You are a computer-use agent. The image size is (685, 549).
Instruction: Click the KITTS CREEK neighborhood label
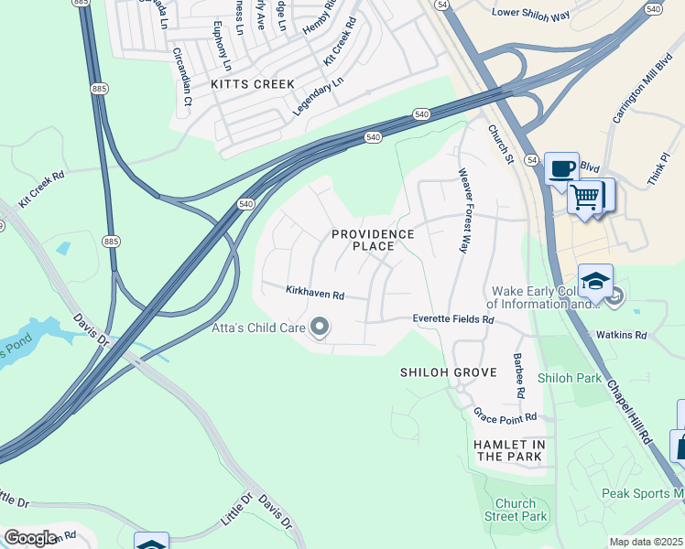(x=253, y=84)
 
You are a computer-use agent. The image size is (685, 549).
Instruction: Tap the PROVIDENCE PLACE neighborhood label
(x=373, y=241)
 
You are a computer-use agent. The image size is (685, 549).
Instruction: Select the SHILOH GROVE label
(x=449, y=372)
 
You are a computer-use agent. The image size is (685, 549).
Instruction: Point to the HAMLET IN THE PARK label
(x=510, y=450)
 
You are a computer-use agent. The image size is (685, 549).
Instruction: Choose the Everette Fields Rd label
(x=453, y=319)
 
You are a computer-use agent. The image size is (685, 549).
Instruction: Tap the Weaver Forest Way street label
(x=464, y=210)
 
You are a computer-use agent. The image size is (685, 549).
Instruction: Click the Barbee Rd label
(x=518, y=375)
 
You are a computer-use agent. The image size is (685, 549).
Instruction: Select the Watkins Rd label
(x=621, y=335)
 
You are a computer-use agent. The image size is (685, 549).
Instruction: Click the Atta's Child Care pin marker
(x=320, y=327)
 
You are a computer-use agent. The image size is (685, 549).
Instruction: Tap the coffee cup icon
(x=561, y=168)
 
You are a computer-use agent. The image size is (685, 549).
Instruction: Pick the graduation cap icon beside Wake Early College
(x=595, y=280)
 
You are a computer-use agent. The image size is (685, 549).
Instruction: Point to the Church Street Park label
(x=521, y=510)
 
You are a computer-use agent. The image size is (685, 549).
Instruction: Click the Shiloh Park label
(x=569, y=378)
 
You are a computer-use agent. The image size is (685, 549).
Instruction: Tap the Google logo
(x=30, y=538)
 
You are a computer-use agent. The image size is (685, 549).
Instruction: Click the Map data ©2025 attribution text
(x=646, y=542)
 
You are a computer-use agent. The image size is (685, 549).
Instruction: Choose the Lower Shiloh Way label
(x=530, y=12)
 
